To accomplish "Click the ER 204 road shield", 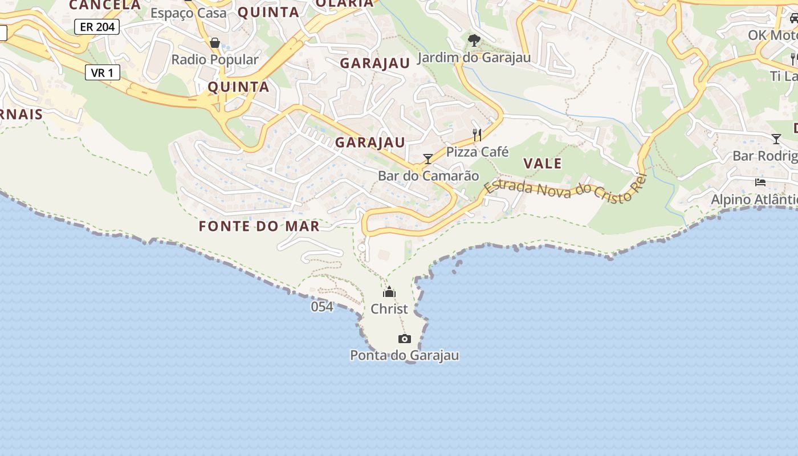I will point(97,27).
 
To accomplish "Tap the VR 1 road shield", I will point(103,72).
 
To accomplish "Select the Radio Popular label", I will point(215,59).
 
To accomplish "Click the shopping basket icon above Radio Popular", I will point(215,43).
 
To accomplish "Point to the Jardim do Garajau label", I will point(474,58).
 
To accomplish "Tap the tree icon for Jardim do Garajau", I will point(474,40).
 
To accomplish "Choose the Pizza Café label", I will point(477,152).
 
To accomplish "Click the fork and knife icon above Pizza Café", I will point(477,135).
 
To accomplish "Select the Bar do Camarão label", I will point(428,176).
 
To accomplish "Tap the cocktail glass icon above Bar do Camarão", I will point(428,159).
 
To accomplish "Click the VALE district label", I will point(543,164).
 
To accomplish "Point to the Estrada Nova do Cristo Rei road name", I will point(566,190).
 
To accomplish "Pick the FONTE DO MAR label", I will point(259,226).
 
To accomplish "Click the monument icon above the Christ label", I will point(389,292).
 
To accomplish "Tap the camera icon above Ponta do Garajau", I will point(404,339).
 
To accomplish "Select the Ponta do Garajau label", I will point(404,356).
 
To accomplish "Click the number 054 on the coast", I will point(322,307).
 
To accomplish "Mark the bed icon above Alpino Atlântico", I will point(760,182).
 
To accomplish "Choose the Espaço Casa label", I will point(189,13).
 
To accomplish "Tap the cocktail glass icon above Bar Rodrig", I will point(776,139).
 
